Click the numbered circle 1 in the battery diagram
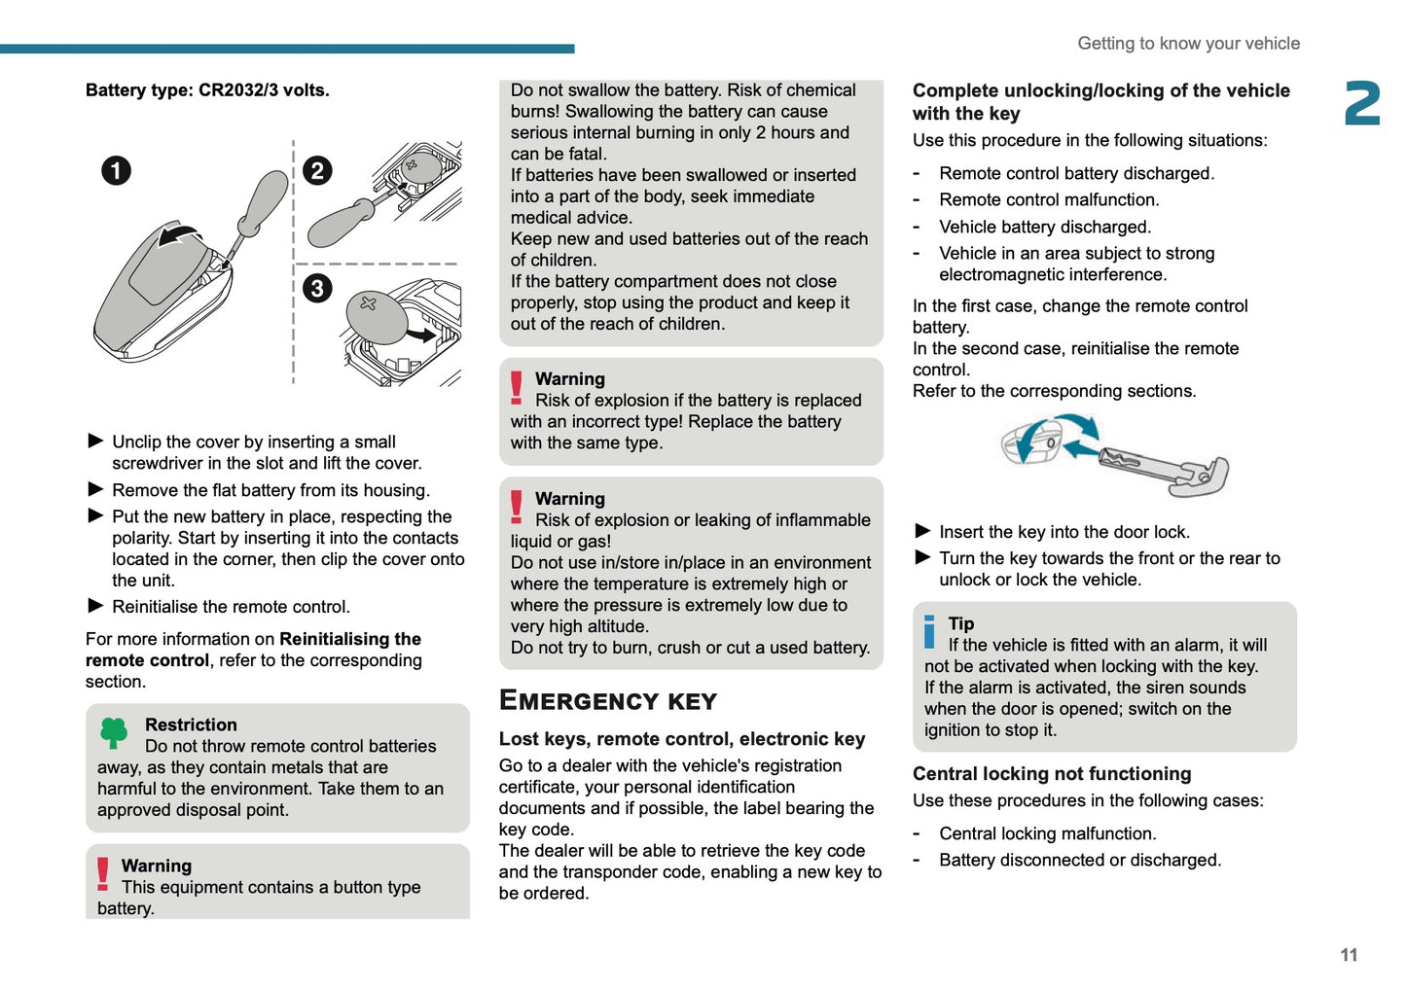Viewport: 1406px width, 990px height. [116, 171]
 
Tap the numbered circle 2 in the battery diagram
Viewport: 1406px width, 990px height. [317, 171]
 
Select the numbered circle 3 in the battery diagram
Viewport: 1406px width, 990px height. [317, 288]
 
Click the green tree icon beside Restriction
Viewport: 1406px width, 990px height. [114, 732]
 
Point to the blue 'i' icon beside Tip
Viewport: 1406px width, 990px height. [929, 631]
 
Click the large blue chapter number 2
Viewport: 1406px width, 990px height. [1362, 103]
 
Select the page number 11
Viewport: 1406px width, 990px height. [1349, 955]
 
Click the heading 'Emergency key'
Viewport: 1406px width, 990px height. [608, 701]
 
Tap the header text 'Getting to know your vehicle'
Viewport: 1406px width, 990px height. [1188, 44]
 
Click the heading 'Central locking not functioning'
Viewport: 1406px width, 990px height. [1052, 774]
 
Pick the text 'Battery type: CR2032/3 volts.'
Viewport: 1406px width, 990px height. [207, 90]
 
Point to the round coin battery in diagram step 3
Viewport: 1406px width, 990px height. [377, 317]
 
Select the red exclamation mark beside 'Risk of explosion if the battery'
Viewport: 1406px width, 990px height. [517, 387]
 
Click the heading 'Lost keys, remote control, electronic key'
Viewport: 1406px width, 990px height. [682, 739]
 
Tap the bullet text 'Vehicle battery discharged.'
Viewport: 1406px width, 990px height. [1045, 227]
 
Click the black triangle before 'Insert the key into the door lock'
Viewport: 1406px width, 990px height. [923, 531]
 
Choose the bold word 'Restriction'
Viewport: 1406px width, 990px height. [191, 725]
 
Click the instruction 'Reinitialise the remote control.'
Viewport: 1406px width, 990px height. [231, 607]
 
